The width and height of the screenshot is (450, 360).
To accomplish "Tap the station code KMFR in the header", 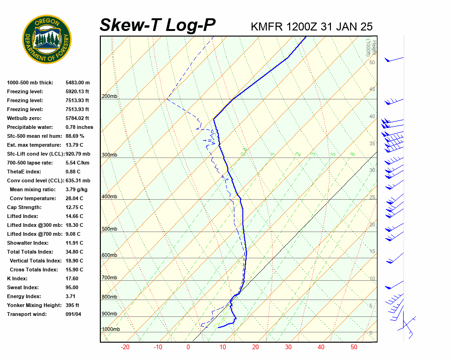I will pyautogui.click(x=267, y=27).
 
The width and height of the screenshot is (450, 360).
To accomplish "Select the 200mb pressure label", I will pyautogui.click(x=109, y=97).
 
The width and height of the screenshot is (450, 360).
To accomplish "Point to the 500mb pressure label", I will pyautogui.click(x=109, y=229).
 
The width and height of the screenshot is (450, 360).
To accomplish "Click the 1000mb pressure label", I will pyautogui.click(x=111, y=330).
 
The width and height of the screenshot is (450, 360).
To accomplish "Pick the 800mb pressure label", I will pyautogui.click(x=109, y=297).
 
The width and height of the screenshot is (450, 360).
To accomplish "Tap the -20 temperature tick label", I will pyautogui.click(x=125, y=347).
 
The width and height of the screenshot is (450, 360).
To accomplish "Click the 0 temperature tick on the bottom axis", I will pyautogui.click(x=188, y=347).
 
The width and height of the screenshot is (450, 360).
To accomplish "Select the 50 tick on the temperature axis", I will pyautogui.click(x=354, y=347).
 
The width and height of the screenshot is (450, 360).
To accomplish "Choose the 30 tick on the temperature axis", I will pyautogui.click(x=288, y=347).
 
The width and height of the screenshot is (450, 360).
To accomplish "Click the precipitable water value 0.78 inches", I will pyautogui.click(x=79, y=127).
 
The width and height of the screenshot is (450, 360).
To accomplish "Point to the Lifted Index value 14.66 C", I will pyautogui.click(x=74, y=216).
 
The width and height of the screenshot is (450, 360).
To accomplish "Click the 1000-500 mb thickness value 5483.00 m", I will pyautogui.click(x=77, y=82).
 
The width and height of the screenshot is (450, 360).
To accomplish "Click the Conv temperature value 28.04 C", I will pyautogui.click(x=74, y=198).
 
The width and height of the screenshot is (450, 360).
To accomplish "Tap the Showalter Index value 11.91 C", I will pyautogui.click(x=74, y=243).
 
